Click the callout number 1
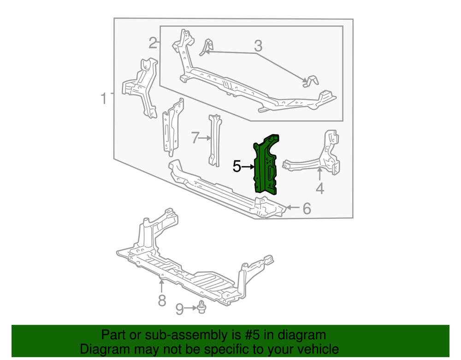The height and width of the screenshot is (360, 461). pos(103,99)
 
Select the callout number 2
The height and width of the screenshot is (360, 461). pos(153,43)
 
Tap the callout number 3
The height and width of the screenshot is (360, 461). pos(258,46)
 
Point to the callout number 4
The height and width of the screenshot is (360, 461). pos(320,188)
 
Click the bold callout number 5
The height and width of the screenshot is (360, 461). pos(236,166)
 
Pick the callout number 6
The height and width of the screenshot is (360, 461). pos(307,209)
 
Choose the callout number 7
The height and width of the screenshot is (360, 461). pos(195,138)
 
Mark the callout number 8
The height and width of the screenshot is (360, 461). pos(162,301)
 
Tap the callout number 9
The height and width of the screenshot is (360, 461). pos(180,309)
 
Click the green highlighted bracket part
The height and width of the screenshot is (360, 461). pos(266,165)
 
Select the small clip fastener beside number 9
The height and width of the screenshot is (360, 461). pos(201,307)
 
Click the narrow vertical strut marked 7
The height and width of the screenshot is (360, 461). pos(215,141)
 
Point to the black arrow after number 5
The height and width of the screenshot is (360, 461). pos(248,167)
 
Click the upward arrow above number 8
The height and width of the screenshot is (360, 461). pos(161,286)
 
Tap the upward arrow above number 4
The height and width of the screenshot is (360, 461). pos(320,174)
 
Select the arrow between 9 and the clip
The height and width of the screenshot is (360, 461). pos(190,308)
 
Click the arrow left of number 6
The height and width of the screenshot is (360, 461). pos(293,207)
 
